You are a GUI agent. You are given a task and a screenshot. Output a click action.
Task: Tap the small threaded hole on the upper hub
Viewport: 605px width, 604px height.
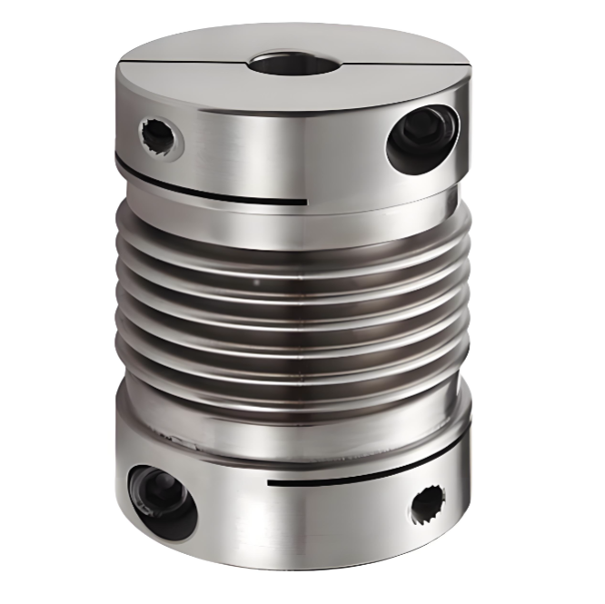click(159, 137)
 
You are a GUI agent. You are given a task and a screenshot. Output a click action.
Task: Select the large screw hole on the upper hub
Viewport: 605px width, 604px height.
click(422, 136)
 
